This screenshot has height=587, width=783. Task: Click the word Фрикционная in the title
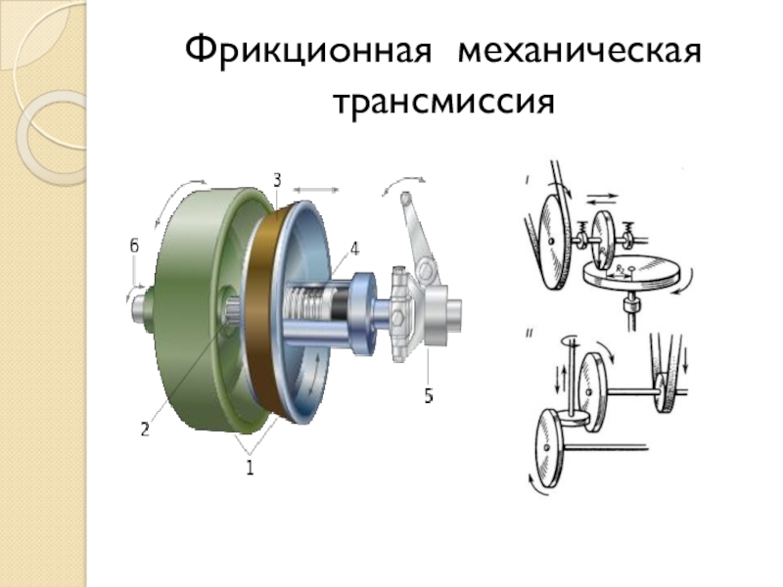[x=307, y=52]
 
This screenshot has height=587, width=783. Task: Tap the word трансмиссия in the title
[x=443, y=103]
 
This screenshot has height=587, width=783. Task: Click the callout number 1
[x=250, y=468]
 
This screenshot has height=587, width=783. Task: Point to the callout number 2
[x=145, y=429]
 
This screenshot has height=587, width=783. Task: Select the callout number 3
[x=277, y=180]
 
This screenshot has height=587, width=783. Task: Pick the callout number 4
[x=354, y=248]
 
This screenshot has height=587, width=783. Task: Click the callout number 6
[x=134, y=247]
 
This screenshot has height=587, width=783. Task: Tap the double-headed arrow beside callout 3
[x=315, y=190]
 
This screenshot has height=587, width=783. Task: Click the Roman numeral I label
[x=528, y=179]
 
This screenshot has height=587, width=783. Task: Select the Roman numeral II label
[x=529, y=334]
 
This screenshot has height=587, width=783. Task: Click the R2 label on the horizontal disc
[x=620, y=269]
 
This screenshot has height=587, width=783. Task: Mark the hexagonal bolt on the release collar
[x=398, y=317]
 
